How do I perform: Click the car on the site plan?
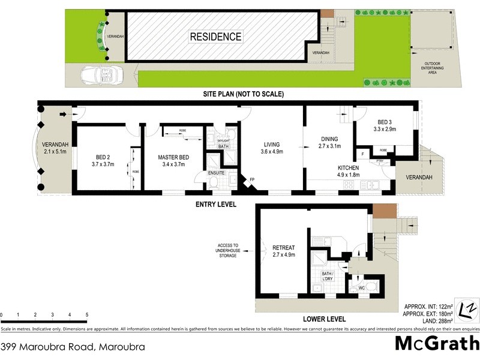pyautogui.click(x=103, y=76)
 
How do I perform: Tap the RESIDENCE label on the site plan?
pyautogui.click(x=215, y=37)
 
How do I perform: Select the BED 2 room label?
pyautogui.click(x=103, y=160)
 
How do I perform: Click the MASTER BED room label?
pyautogui.click(x=175, y=161)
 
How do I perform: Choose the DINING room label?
pyautogui.click(x=329, y=142)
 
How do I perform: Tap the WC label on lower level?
pyautogui.click(x=362, y=288)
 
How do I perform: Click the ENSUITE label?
pyautogui.click(x=216, y=173)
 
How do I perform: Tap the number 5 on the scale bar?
pyautogui.click(x=86, y=315)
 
